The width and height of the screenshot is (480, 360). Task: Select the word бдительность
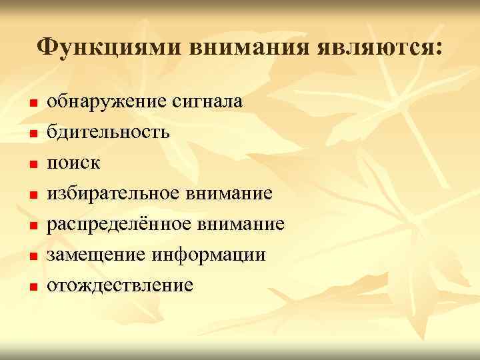point(108,132)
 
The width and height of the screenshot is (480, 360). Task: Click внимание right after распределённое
point(245,224)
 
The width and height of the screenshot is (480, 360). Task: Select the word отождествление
point(121,285)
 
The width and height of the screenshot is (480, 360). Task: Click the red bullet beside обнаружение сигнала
point(31,104)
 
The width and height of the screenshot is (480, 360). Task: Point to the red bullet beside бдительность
point(31,135)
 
